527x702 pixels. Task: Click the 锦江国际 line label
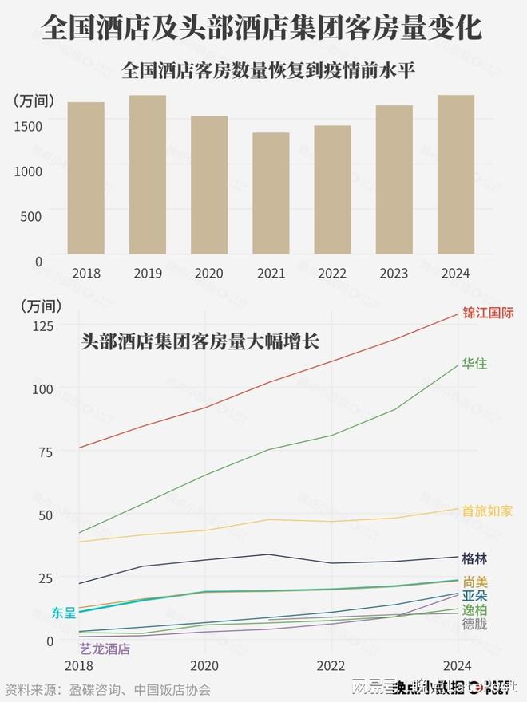coord(488,313)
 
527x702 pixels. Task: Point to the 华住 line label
coord(474,364)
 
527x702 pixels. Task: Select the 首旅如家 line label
coord(487,511)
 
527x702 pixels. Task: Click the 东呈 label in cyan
coord(64,613)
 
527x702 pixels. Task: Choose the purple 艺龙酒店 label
coord(105,649)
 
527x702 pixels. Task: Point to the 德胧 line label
coord(474,624)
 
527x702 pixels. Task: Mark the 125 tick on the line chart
coord(42,325)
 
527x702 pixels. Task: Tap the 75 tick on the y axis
coord(45,452)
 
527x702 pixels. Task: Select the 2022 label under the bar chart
coord(332,274)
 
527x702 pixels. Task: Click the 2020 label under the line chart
coord(204,666)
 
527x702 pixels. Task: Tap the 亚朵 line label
coord(474,596)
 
